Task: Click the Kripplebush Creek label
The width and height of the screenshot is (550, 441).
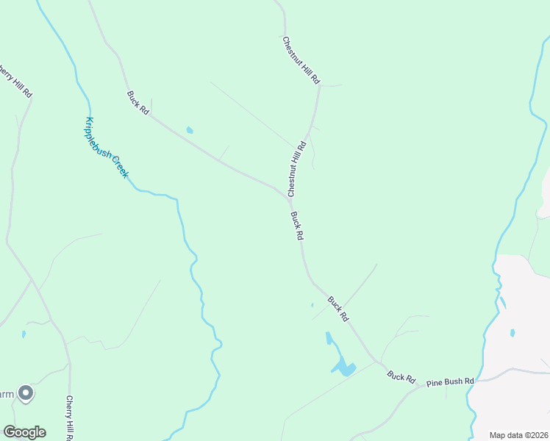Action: (x=107, y=148)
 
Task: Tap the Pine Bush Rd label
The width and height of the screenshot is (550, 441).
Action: (x=453, y=381)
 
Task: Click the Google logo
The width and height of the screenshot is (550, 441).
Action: (x=24, y=431)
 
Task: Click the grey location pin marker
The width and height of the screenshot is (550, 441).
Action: (x=26, y=394)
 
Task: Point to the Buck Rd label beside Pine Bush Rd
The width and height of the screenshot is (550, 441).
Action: (x=401, y=377)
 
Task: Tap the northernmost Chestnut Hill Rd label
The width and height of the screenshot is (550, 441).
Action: (x=301, y=59)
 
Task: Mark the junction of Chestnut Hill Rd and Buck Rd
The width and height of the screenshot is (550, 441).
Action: (x=287, y=198)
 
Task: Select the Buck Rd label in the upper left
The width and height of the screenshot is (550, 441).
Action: (x=137, y=102)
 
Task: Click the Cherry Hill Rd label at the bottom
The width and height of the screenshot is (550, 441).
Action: (x=69, y=418)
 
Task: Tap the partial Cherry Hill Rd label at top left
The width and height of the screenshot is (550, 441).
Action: (x=16, y=83)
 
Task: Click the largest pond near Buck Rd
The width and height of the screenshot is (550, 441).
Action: (x=343, y=367)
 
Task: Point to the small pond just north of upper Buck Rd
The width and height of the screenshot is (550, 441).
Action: (x=190, y=130)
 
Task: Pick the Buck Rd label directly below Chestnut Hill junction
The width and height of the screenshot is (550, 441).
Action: (x=297, y=226)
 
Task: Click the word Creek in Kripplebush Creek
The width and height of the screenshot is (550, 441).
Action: (x=120, y=168)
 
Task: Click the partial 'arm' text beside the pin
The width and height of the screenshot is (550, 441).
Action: (x=6, y=395)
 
